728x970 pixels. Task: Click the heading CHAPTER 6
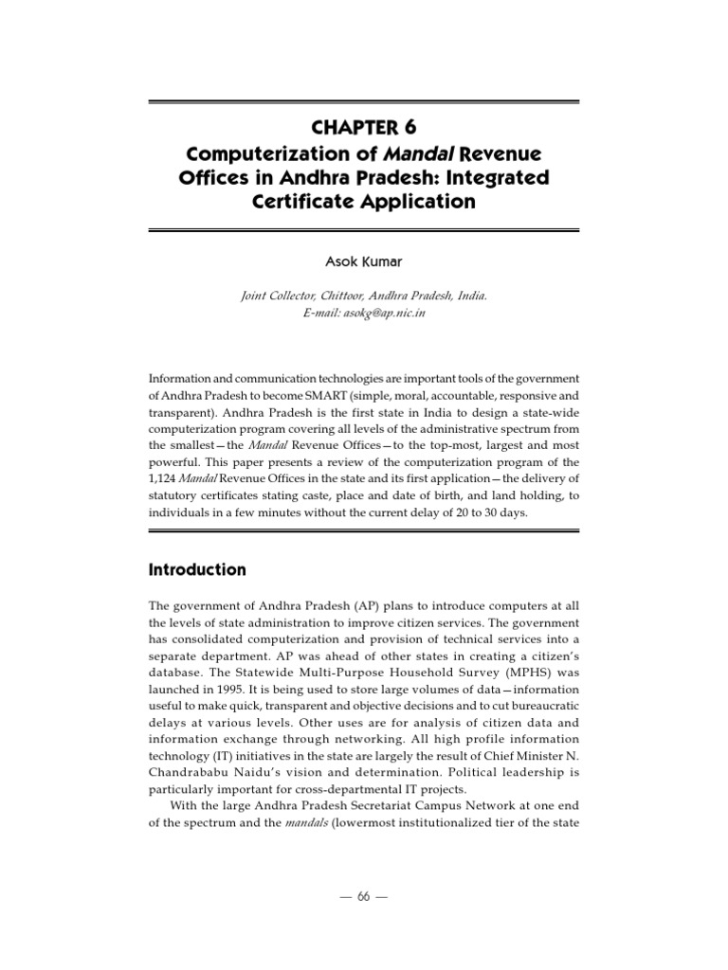tap(363, 127)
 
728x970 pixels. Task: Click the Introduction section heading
tap(197, 570)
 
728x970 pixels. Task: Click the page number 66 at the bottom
tap(363, 897)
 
